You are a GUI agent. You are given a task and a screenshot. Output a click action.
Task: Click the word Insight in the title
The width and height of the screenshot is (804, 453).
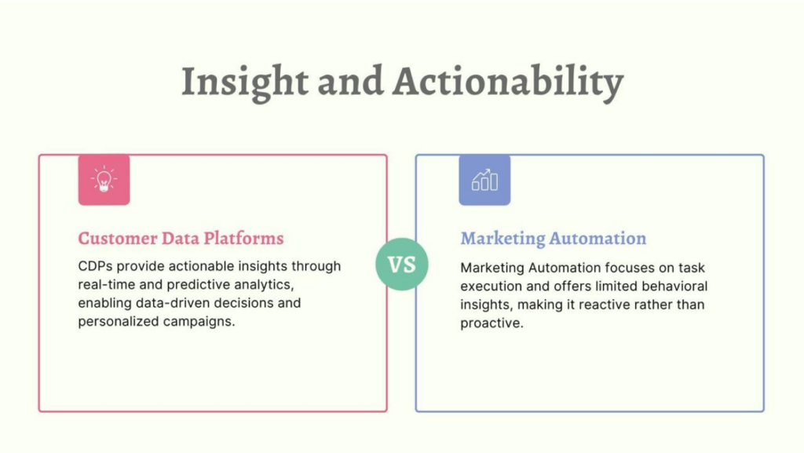tap(245, 82)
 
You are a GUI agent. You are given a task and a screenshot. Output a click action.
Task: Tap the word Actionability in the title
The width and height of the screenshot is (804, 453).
tap(508, 82)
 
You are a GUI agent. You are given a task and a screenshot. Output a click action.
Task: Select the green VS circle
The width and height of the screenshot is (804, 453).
tap(401, 265)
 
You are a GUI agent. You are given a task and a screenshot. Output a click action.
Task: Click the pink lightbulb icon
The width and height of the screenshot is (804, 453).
tap(104, 180)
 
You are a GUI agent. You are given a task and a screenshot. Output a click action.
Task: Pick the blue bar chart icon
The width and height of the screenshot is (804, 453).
tap(484, 180)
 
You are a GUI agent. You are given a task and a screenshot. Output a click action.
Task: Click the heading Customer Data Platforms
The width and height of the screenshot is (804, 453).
tap(181, 239)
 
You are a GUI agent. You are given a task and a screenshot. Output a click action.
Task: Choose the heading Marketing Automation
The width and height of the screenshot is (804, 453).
tap(554, 239)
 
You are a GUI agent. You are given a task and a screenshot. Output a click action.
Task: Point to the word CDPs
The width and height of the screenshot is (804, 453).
tap(95, 266)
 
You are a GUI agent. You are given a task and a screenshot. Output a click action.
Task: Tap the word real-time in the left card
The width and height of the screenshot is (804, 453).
tap(107, 284)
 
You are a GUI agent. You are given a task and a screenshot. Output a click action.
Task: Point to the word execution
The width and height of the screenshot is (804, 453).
tap(492, 286)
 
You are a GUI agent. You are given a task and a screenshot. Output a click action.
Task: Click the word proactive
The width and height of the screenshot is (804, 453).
tap(492, 323)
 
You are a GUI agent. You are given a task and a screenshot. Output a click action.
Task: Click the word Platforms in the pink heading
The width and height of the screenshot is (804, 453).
tap(243, 239)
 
